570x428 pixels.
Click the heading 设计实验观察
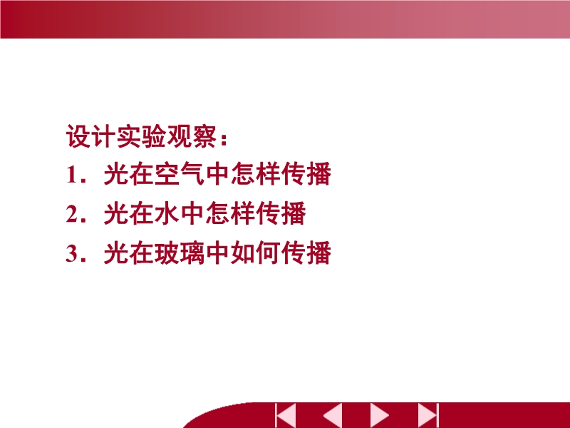pyautogui.click(x=141, y=136)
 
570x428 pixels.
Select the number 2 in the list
pyautogui.click(x=71, y=214)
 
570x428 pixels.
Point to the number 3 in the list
pyautogui.click(x=71, y=253)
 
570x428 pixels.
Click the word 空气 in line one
pyautogui.click(x=180, y=174)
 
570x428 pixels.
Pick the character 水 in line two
pyautogui.click(x=167, y=213)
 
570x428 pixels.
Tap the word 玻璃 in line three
pyautogui.click(x=180, y=253)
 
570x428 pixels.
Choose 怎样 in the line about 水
pyautogui.click(x=230, y=213)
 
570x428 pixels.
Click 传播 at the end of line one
pyautogui.click(x=306, y=174)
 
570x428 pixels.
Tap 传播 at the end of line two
pyautogui.click(x=281, y=213)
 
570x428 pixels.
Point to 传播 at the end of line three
pyautogui.click(x=306, y=253)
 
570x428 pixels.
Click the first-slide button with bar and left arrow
pyautogui.click(x=286, y=415)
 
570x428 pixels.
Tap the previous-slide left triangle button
pyautogui.click(x=332, y=415)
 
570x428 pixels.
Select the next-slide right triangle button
pyautogui.click(x=380, y=415)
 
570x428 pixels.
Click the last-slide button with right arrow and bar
pyautogui.click(x=428, y=415)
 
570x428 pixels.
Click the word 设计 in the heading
pyautogui.click(x=91, y=136)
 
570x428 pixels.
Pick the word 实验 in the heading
pyautogui.click(x=141, y=136)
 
